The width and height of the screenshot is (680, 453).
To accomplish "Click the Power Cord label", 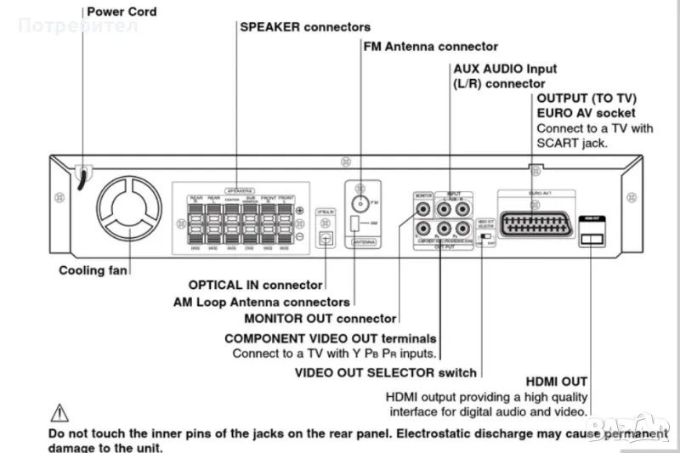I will (122, 12).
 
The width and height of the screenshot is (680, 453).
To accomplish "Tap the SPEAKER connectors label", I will (305, 27).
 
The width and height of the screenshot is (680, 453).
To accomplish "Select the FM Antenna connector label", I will (431, 46).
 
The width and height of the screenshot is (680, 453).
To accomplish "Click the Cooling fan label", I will (93, 270).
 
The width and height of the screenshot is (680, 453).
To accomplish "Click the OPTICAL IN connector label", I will (255, 286).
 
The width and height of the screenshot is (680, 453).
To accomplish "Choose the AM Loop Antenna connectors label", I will (261, 302).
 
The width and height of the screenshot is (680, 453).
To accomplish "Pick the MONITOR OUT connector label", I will (320, 319).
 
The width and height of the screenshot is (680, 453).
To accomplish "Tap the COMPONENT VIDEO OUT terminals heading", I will (331, 337).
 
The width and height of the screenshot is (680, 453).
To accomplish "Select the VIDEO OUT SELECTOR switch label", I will (386, 372).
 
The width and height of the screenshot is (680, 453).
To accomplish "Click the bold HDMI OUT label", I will (556, 382).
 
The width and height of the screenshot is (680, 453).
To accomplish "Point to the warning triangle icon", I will (59, 414).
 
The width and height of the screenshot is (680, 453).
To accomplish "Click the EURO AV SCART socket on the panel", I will (532, 220).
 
